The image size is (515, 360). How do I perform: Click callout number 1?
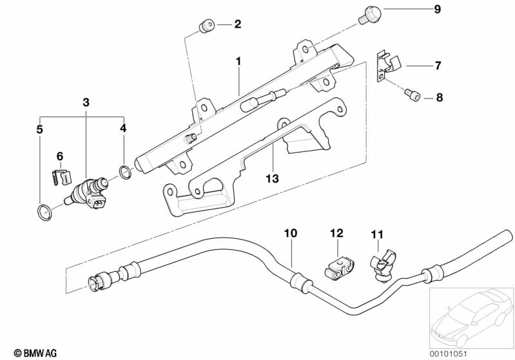click(x=238, y=62)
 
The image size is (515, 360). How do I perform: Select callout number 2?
click(x=238, y=25)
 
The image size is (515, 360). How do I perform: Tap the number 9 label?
click(x=437, y=10)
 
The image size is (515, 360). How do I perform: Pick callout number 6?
click(x=60, y=156)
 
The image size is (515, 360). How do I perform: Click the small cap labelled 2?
click(x=206, y=26)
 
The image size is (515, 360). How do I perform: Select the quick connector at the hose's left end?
click(x=98, y=281)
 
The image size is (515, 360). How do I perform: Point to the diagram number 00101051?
click(x=471, y=352)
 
